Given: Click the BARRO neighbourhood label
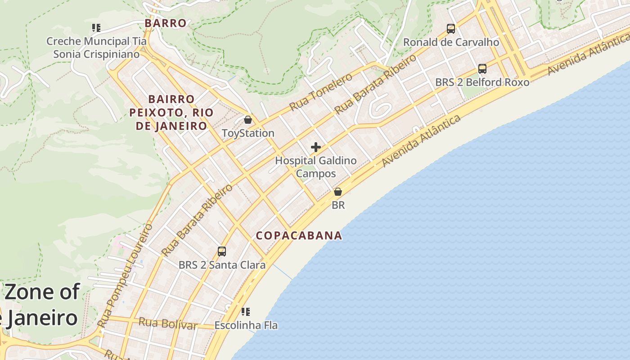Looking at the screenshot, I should click(x=166, y=23).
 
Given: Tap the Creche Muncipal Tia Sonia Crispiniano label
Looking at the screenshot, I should click(x=96, y=48).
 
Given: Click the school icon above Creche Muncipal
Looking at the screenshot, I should click(x=96, y=28).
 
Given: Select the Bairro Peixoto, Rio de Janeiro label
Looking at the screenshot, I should click(x=171, y=112).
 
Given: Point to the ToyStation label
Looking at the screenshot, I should click(x=248, y=133).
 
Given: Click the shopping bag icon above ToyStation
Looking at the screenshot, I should click(x=247, y=120).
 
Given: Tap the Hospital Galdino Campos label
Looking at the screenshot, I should click(x=316, y=167).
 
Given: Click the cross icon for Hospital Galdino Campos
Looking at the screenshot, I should click(x=316, y=147).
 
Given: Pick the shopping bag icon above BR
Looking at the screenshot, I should click(x=338, y=192).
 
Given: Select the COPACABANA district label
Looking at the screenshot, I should click(x=299, y=236).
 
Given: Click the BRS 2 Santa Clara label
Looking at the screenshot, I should click(x=222, y=265).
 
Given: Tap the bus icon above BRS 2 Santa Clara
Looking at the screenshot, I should click(x=222, y=252).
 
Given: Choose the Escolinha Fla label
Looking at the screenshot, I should click(x=246, y=325).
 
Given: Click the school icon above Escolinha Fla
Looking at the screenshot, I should click(x=246, y=312).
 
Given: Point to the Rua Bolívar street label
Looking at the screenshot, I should click(x=168, y=324).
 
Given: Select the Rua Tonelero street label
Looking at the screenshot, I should click(x=321, y=92).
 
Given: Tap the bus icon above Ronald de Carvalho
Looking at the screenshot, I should click(x=451, y=29).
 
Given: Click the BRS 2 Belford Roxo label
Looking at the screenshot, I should click(x=482, y=82).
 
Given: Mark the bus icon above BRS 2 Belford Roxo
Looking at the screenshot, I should click(x=482, y=69).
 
